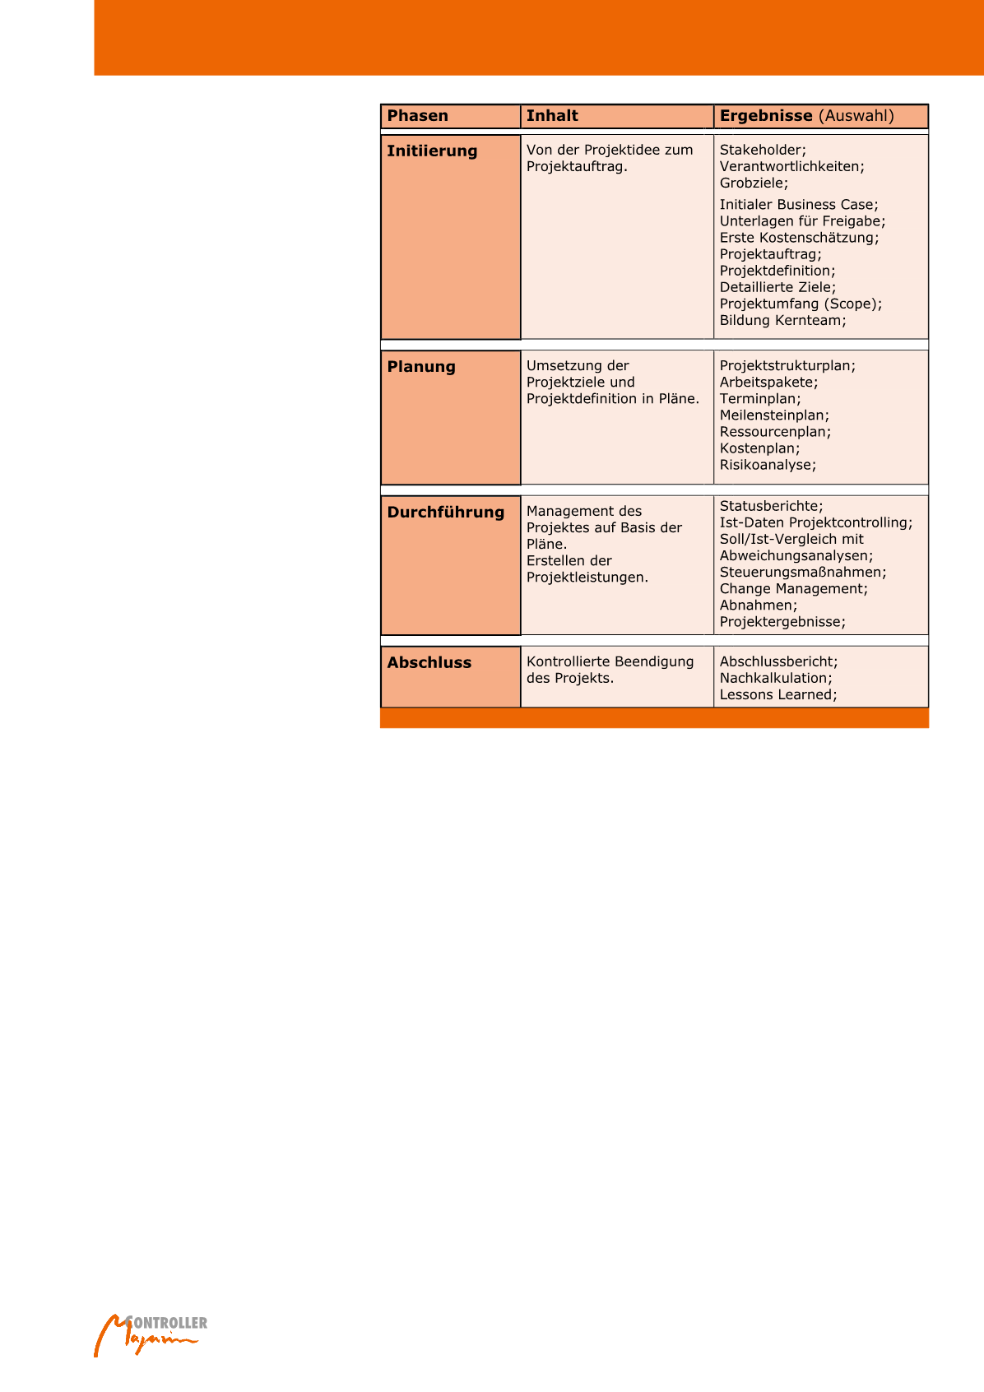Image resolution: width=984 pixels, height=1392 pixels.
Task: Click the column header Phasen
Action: (x=418, y=116)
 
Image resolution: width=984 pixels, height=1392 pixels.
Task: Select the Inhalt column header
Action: (x=552, y=116)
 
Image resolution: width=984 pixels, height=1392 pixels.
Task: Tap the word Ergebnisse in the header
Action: (x=766, y=116)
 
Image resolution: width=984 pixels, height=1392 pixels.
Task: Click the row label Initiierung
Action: (x=432, y=151)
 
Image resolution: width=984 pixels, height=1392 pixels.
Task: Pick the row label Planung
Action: (x=421, y=367)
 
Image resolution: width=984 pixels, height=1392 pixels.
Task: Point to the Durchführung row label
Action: (x=446, y=513)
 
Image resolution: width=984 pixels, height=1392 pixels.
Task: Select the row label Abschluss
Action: (x=429, y=663)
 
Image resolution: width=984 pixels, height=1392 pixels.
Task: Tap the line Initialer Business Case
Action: (x=799, y=205)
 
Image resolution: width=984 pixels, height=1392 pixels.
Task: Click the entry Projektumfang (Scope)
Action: (x=801, y=304)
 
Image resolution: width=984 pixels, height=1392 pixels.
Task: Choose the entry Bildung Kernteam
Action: (x=782, y=320)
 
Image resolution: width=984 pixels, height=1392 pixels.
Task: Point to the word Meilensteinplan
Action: (x=774, y=415)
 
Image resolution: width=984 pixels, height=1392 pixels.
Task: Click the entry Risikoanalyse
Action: (x=768, y=465)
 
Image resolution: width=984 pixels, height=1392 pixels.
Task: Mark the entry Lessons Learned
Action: (x=778, y=694)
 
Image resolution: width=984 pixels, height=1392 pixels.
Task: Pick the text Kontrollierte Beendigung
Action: (x=610, y=661)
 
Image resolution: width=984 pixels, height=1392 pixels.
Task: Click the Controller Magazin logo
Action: (x=150, y=1333)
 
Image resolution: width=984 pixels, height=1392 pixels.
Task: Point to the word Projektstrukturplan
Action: (x=787, y=365)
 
